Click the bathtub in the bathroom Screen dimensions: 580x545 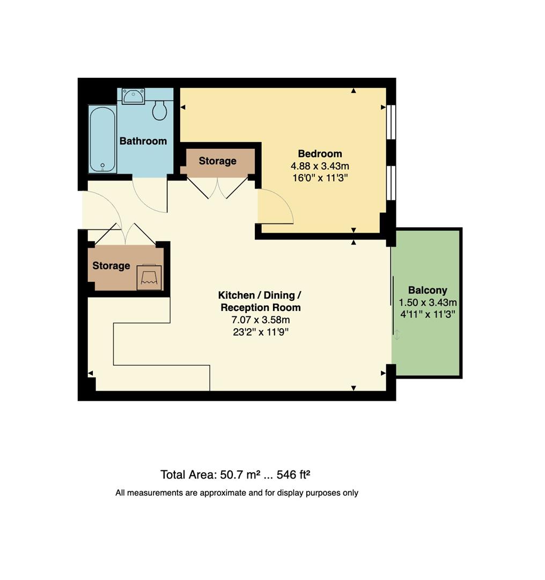click(x=102, y=139)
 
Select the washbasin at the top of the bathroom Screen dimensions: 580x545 click(x=132, y=96)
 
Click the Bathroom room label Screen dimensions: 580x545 click(x=143, y=141)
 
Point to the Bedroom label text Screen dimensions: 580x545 click(x=320, y=154)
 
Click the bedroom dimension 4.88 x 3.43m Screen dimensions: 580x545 click(x=320, y=166)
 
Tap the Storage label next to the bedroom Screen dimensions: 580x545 click(x=217, y=161)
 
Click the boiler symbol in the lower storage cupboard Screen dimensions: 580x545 click(x=149, y=277)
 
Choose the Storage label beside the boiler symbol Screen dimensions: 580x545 click(x=111, y=266)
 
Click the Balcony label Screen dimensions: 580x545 click(x=428, y=291)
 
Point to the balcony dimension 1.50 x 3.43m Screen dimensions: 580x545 click(x=428, y=302)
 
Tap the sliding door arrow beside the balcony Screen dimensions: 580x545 click(x=397, y=336)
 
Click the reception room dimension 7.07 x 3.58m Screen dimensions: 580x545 click(x=260, y=320)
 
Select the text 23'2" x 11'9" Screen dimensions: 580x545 click(x=260, y=332)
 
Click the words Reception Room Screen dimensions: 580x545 click(x=260, y=308)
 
